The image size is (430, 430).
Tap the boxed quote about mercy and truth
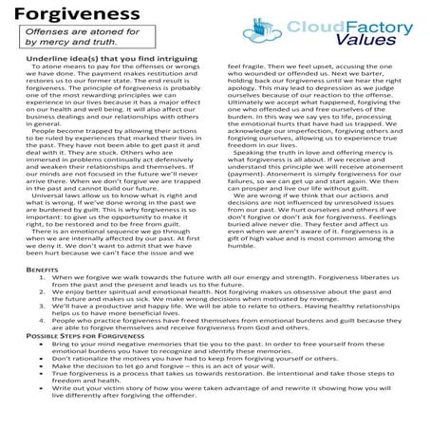pyautogui.click(x=71, y=36)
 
